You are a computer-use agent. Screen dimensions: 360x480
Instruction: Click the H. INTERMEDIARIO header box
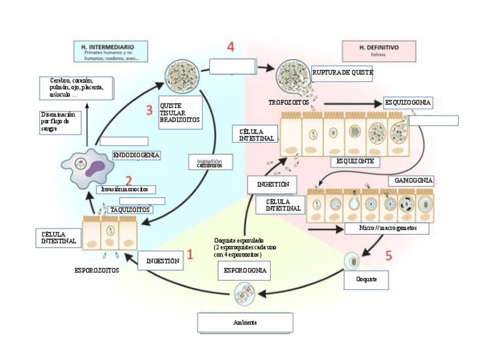pos(111,51)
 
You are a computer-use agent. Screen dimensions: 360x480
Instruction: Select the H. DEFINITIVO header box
pos(378,51)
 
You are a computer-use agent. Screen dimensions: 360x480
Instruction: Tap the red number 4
pos(231,47)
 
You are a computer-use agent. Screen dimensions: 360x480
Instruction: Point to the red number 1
pos(190,254)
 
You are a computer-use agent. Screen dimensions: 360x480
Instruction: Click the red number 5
pos(389,256)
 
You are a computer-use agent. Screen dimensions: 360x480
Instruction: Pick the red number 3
pos(149,110)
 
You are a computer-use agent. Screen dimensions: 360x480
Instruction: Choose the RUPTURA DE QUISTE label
pos(342,72)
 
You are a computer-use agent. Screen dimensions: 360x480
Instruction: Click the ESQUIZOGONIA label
pos(408,103)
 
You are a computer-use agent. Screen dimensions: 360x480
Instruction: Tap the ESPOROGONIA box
pos(243,271)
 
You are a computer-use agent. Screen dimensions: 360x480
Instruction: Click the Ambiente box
pos(245,322)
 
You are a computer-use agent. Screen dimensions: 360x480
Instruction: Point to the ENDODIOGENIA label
pos(136,155)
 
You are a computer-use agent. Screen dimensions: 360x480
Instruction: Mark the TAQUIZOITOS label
pos(130,209)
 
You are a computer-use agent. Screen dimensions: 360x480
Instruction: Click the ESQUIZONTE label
pos(355,161)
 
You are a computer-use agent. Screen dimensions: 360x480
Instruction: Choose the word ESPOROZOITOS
pos(97,271)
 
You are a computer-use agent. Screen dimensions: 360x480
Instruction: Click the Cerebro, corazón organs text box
pos(76,87)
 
